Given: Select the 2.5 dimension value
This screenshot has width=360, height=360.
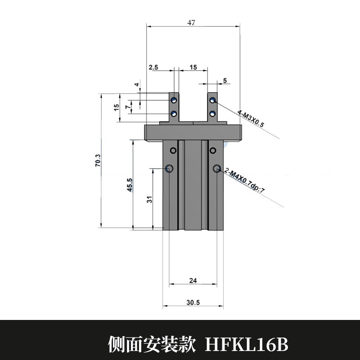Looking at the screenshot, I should point(153,67).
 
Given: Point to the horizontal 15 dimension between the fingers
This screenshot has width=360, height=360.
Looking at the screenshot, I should point(193,67).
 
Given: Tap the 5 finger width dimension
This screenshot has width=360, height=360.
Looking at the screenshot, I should point(225,81).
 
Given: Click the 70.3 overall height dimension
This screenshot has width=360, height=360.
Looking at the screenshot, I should point(98,161).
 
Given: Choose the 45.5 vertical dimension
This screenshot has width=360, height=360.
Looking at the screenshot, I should point(130,184).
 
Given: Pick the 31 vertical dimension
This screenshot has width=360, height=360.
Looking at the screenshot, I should point(150,198).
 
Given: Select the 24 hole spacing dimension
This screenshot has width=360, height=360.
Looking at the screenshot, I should point(193,280).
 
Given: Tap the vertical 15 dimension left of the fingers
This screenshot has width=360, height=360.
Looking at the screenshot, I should point(117,107).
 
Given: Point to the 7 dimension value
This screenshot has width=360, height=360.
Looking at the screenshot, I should point(127,106).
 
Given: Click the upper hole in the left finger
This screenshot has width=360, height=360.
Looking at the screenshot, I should point(174,100).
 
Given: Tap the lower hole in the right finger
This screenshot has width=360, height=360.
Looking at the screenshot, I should point(212,113).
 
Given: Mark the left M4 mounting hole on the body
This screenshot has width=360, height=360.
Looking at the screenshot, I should point(169,169).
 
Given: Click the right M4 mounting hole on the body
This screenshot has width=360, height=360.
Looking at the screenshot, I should point(217,169).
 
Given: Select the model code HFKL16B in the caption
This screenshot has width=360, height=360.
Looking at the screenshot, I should point(246,345).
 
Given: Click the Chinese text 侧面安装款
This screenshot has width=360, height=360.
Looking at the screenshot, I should point(152,345).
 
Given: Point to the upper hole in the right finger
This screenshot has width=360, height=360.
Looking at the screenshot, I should point(212,100).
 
